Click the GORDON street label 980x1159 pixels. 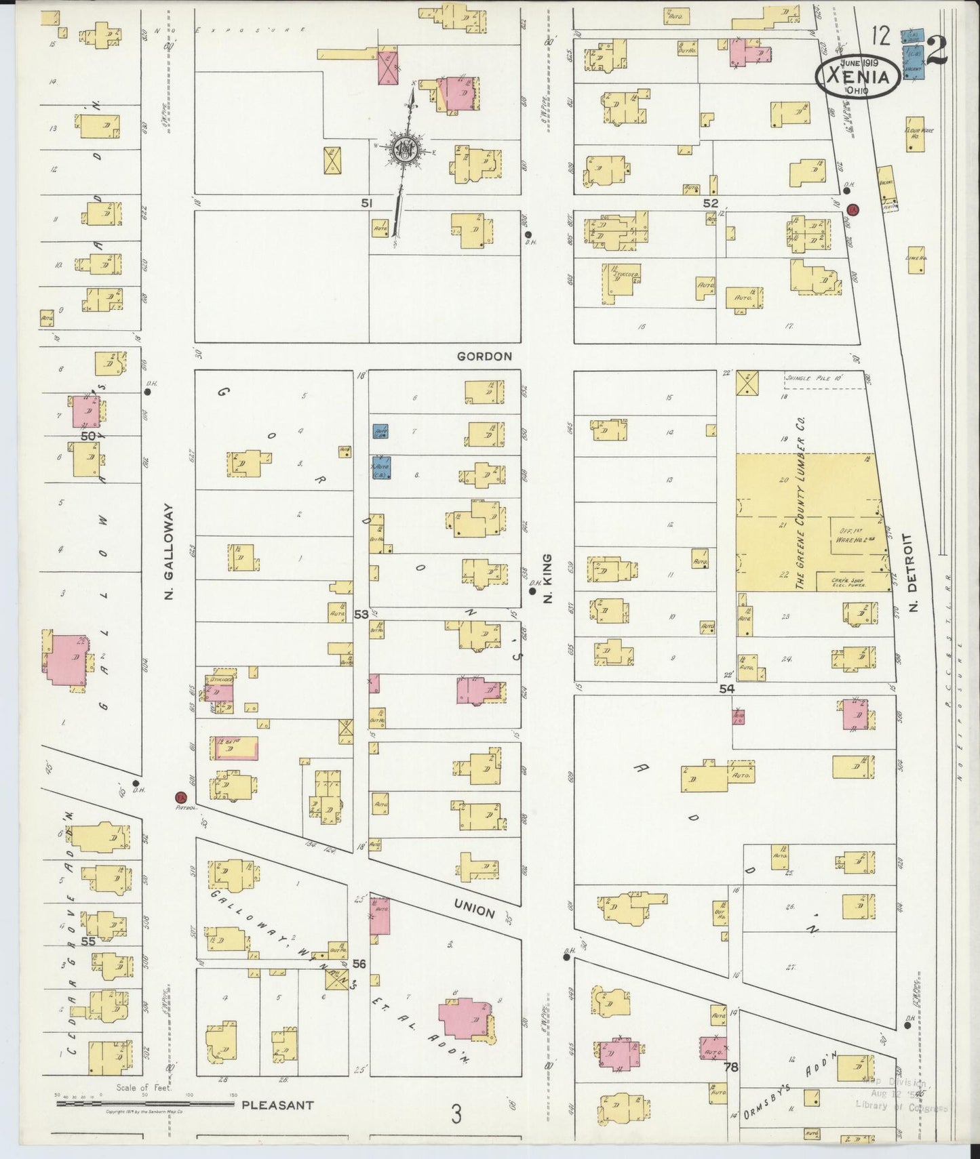[x=484, y=357]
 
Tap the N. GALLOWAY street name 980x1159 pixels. [x=170, y=550]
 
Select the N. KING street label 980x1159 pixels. [x=549, y=578]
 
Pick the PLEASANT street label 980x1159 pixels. [x=277, y=1105]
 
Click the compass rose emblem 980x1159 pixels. [x=405, y=152]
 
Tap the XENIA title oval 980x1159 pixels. [x=858, y=76]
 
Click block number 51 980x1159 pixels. [x=367, y=203]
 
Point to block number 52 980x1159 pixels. [x=710, y=203]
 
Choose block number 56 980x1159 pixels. [x=359, y=964]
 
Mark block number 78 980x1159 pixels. [x=730, y=1067]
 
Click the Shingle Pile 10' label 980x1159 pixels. [x=813, y=378]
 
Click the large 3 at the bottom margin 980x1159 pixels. [x=457, y=1113]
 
